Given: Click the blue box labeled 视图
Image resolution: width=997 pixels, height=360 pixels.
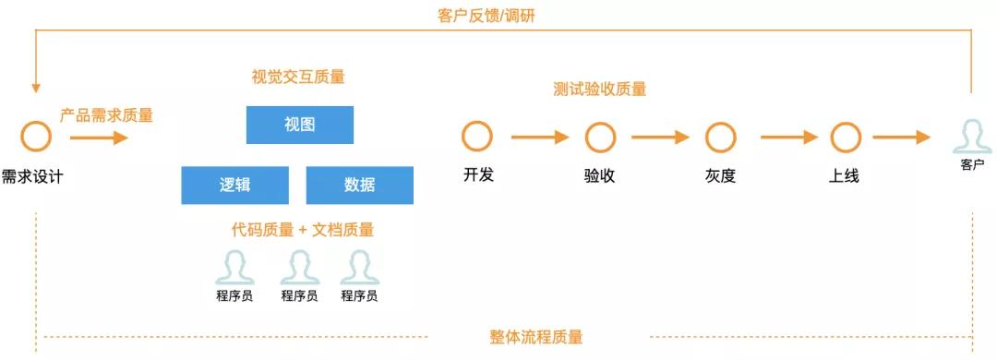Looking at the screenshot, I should pyautogui.click(x=299, y=125).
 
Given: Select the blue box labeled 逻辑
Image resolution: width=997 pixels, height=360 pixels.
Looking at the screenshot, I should pyautogui.click(x=234, y=185).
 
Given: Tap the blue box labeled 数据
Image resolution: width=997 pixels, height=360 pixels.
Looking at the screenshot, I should pyautogui.click(x=359, y=185).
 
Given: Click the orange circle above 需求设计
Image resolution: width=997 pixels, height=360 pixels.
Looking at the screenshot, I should pyautogui.click(x=36, y=138).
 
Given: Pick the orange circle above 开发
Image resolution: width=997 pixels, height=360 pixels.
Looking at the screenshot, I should pyautogui.click(x=477, y=138).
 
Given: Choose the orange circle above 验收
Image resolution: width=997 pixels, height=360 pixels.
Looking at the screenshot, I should pyautogui.click(x=600, y=138).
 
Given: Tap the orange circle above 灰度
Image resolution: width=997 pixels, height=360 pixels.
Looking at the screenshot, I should pyautogui.click(x=720, y=138).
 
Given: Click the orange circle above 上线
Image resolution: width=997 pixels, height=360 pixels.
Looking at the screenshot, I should pyautogui.click(x=845, y=138).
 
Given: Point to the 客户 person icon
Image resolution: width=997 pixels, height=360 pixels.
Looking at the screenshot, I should pyautogui.click(x=972, y=136).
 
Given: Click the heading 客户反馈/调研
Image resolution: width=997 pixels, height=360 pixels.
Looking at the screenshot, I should pyautogui.click(x=498, y=16).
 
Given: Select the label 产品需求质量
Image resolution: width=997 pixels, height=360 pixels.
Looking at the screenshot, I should pyautogui.click(x=106, y=115).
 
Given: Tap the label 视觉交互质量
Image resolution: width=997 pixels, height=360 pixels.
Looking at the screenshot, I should pyautogui.click(x=298, y=78).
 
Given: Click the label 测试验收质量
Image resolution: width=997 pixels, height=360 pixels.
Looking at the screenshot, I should pyautogui.click(x=600, y=90).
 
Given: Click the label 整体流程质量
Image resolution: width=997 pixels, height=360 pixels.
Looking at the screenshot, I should pyautogui.click(x=536, y=337).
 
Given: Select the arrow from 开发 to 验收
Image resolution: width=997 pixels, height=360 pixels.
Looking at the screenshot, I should pyautogui.click(x=539, y=138).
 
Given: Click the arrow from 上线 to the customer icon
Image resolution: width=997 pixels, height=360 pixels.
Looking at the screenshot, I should pyautogui.click(x=901, y=138).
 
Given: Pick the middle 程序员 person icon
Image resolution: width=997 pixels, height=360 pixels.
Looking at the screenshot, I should pyautogui.click(x=299, y=268).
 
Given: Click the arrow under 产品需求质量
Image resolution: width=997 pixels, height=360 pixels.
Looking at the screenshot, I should pyautogui.click(x=99, y=138).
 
